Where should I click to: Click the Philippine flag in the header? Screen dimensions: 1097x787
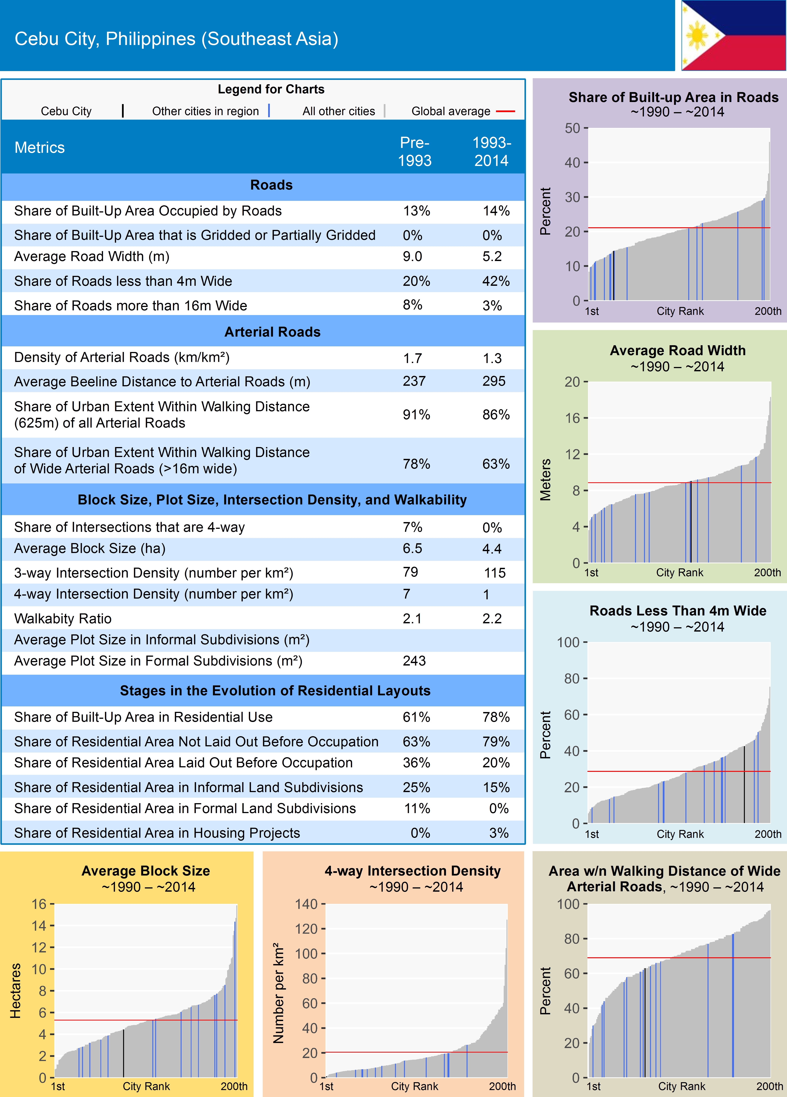tap(733, 35)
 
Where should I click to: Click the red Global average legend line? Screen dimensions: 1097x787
tap(505, 111)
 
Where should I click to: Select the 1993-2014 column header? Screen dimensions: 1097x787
tap(491, 151)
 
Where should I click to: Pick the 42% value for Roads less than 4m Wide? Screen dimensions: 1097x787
tap(495, 281)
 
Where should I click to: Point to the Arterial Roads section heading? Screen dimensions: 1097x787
tap(272, 332)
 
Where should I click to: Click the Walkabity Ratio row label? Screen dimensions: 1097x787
tap(63, 619)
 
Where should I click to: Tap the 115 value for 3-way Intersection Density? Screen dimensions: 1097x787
tap(494, 573)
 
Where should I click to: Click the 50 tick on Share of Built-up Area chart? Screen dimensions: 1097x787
tap(572, 128)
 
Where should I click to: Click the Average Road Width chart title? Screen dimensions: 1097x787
tap(677, 351)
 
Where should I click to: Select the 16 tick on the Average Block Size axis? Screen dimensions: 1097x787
tap(39, 904)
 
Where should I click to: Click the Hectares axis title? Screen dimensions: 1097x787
tap(16, 991)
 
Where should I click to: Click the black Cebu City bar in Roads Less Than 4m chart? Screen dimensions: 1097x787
tap(744, 785)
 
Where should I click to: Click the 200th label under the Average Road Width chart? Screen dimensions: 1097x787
tap(767, 573)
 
